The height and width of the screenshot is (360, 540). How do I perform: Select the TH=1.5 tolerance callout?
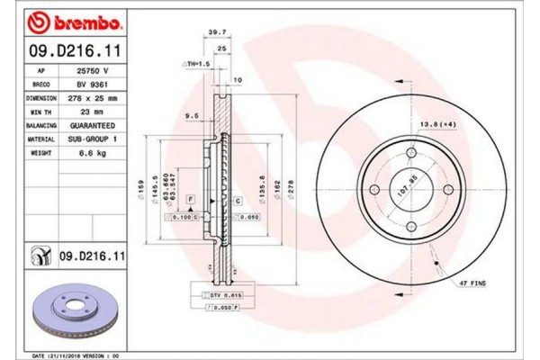[x=196, y=65]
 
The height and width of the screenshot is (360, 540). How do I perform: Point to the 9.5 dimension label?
[x=190, y=114]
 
